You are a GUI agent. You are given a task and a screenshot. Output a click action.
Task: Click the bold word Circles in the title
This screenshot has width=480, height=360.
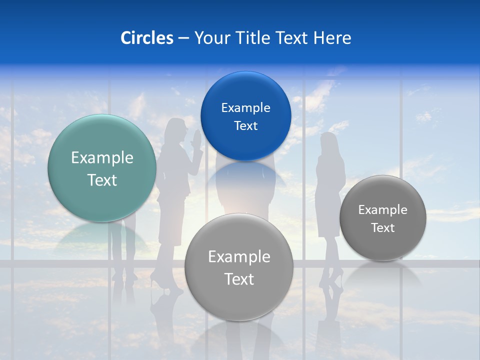point(146,38)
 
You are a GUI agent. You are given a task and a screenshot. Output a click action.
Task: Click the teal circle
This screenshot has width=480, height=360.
point(102,168)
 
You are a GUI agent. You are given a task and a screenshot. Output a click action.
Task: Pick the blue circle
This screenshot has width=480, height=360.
point(245,116)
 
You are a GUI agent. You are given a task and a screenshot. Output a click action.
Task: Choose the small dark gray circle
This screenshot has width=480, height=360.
point(382,218)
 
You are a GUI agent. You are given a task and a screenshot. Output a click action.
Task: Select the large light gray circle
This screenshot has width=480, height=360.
point(239,267)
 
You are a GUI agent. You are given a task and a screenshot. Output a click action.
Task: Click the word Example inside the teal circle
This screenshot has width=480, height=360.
point(102,158)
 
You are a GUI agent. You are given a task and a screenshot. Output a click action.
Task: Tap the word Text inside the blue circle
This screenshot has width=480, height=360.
point(245,125)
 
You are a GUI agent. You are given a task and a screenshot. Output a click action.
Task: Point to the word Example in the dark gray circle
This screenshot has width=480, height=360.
point(382,209)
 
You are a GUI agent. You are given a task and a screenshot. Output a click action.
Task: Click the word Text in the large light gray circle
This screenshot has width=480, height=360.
point(239,279)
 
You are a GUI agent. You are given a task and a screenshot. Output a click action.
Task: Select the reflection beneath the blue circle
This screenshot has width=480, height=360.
point(245,177)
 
